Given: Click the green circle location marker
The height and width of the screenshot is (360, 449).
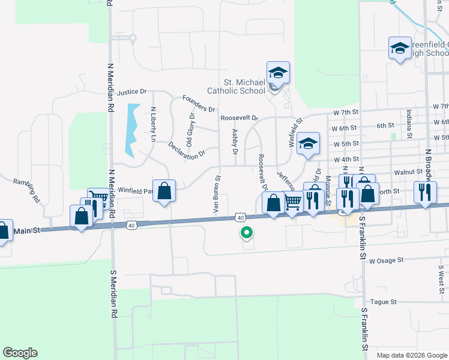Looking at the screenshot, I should [x=246, y=233].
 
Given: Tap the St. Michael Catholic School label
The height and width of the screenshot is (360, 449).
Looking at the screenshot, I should [x=236, y=87].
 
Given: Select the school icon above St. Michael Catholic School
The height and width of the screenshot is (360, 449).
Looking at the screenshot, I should [x=278, y=73].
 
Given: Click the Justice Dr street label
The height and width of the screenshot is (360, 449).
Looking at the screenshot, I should [x=132, y=92].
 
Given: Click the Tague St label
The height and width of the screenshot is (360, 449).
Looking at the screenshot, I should [x=384, y=302].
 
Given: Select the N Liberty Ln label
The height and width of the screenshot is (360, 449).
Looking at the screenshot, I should [x=153, y=125].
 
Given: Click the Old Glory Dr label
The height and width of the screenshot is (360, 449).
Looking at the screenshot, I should [x=190, y=130].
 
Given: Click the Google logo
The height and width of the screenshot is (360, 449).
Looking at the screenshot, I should [x=20, y=353].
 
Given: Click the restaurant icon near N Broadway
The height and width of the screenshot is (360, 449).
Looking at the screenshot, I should [x=425, y=193].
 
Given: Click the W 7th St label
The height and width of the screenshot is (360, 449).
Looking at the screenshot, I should [x=345, y=112].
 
